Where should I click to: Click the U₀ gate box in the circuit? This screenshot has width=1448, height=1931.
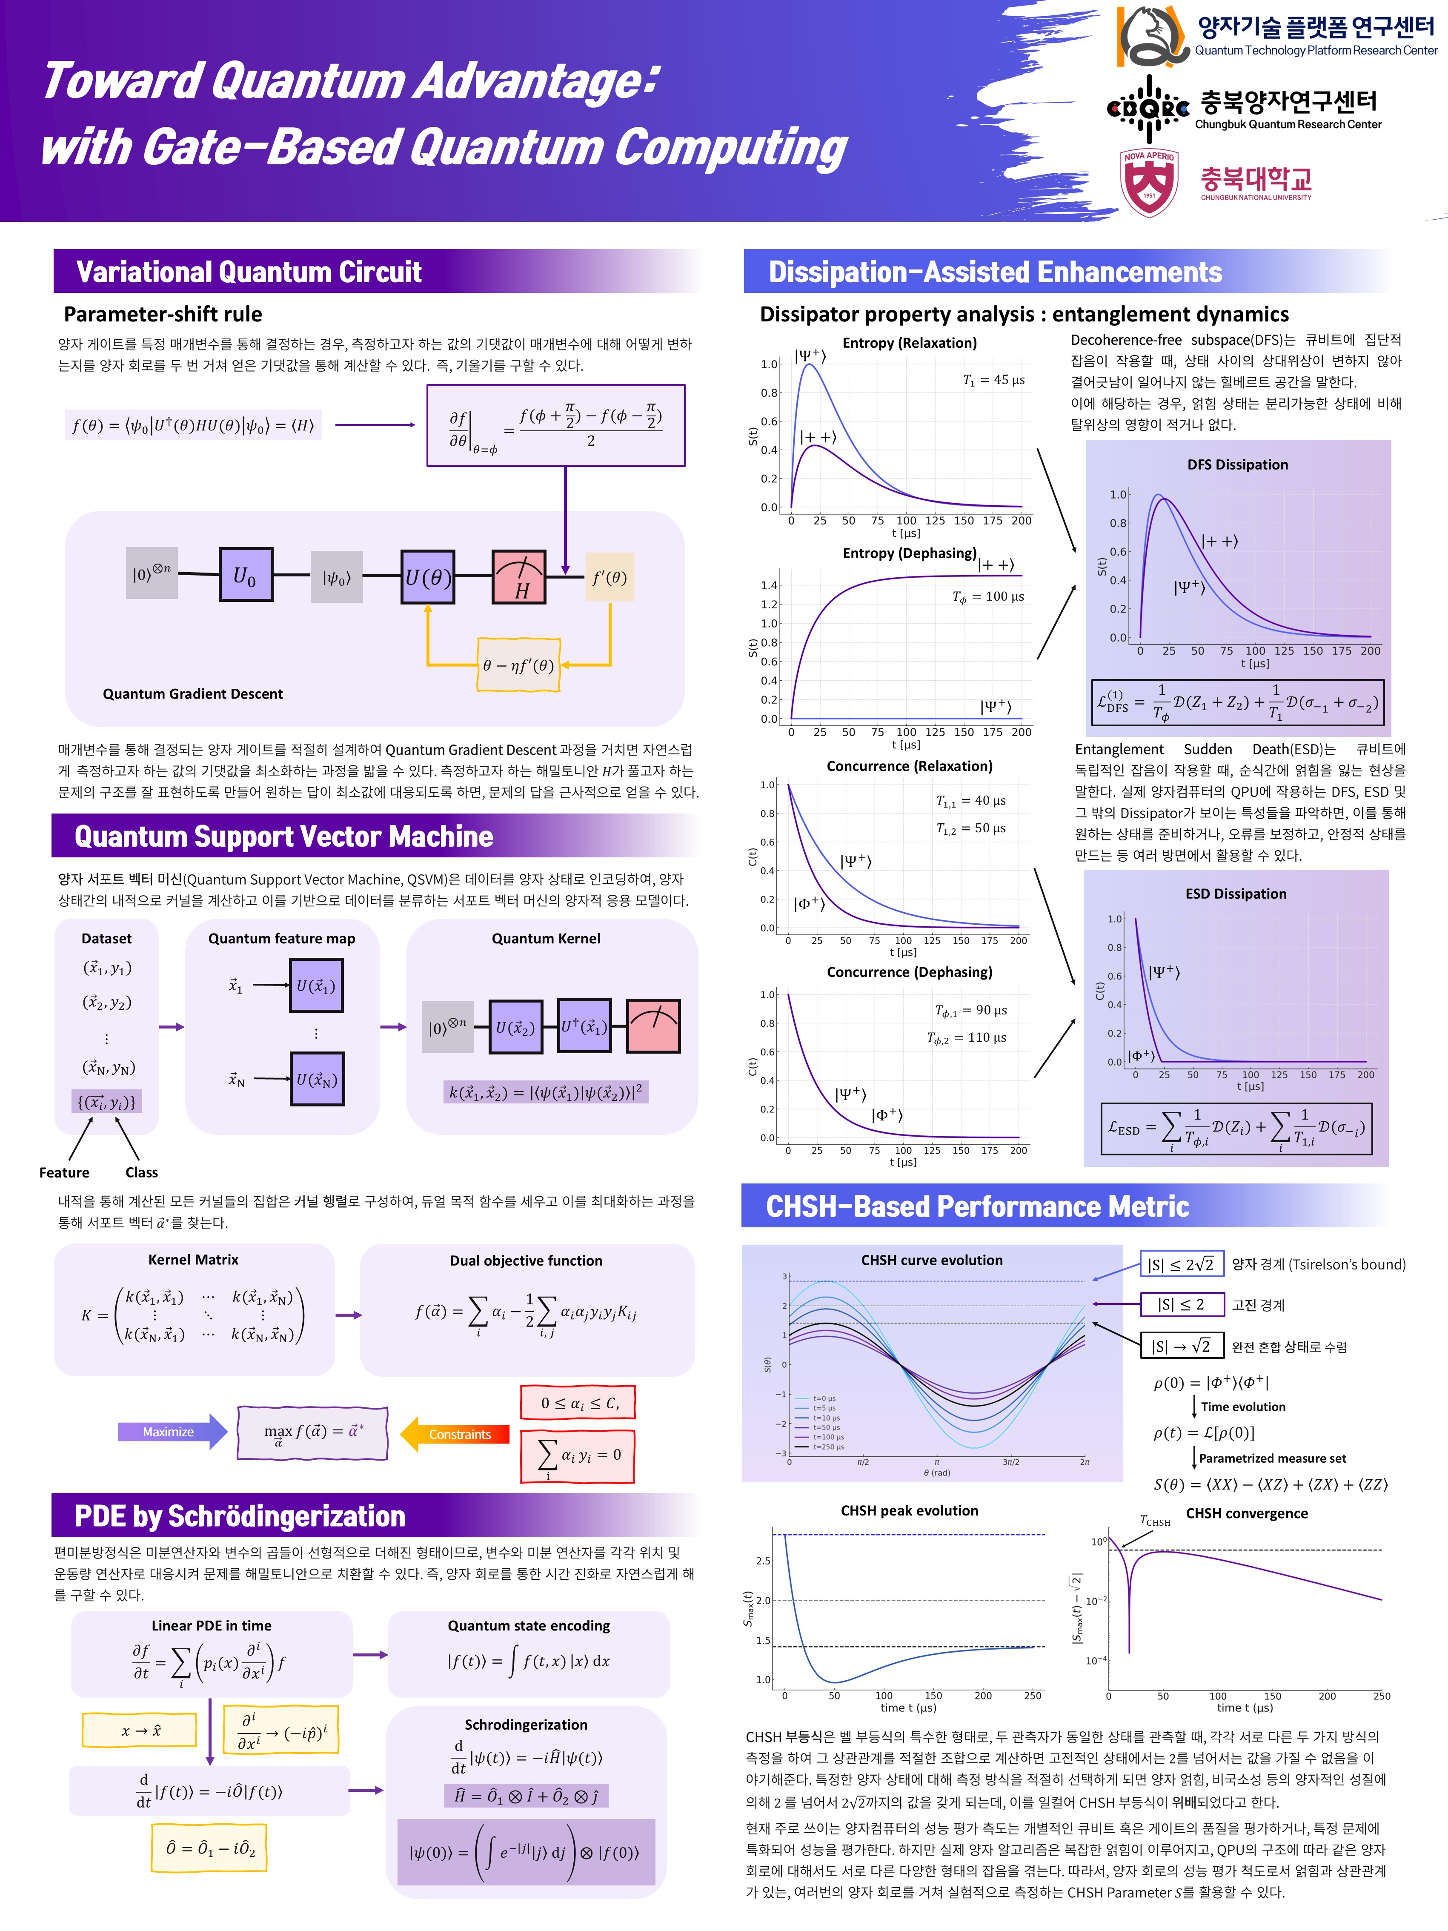(x=245, y=575)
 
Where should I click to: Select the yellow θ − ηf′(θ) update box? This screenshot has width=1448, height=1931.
(x=518, y=665)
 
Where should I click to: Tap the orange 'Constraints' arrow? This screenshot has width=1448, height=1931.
(x=455, y=1434)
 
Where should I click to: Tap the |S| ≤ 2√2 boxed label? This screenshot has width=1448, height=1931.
(x=1181, y=1264)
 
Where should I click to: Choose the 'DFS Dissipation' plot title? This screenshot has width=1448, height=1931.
(x=1237, y=464)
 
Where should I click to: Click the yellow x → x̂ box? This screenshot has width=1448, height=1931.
(x=140, y=1730)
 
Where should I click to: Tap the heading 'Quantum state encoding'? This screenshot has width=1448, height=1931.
(x=528, y=1625)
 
